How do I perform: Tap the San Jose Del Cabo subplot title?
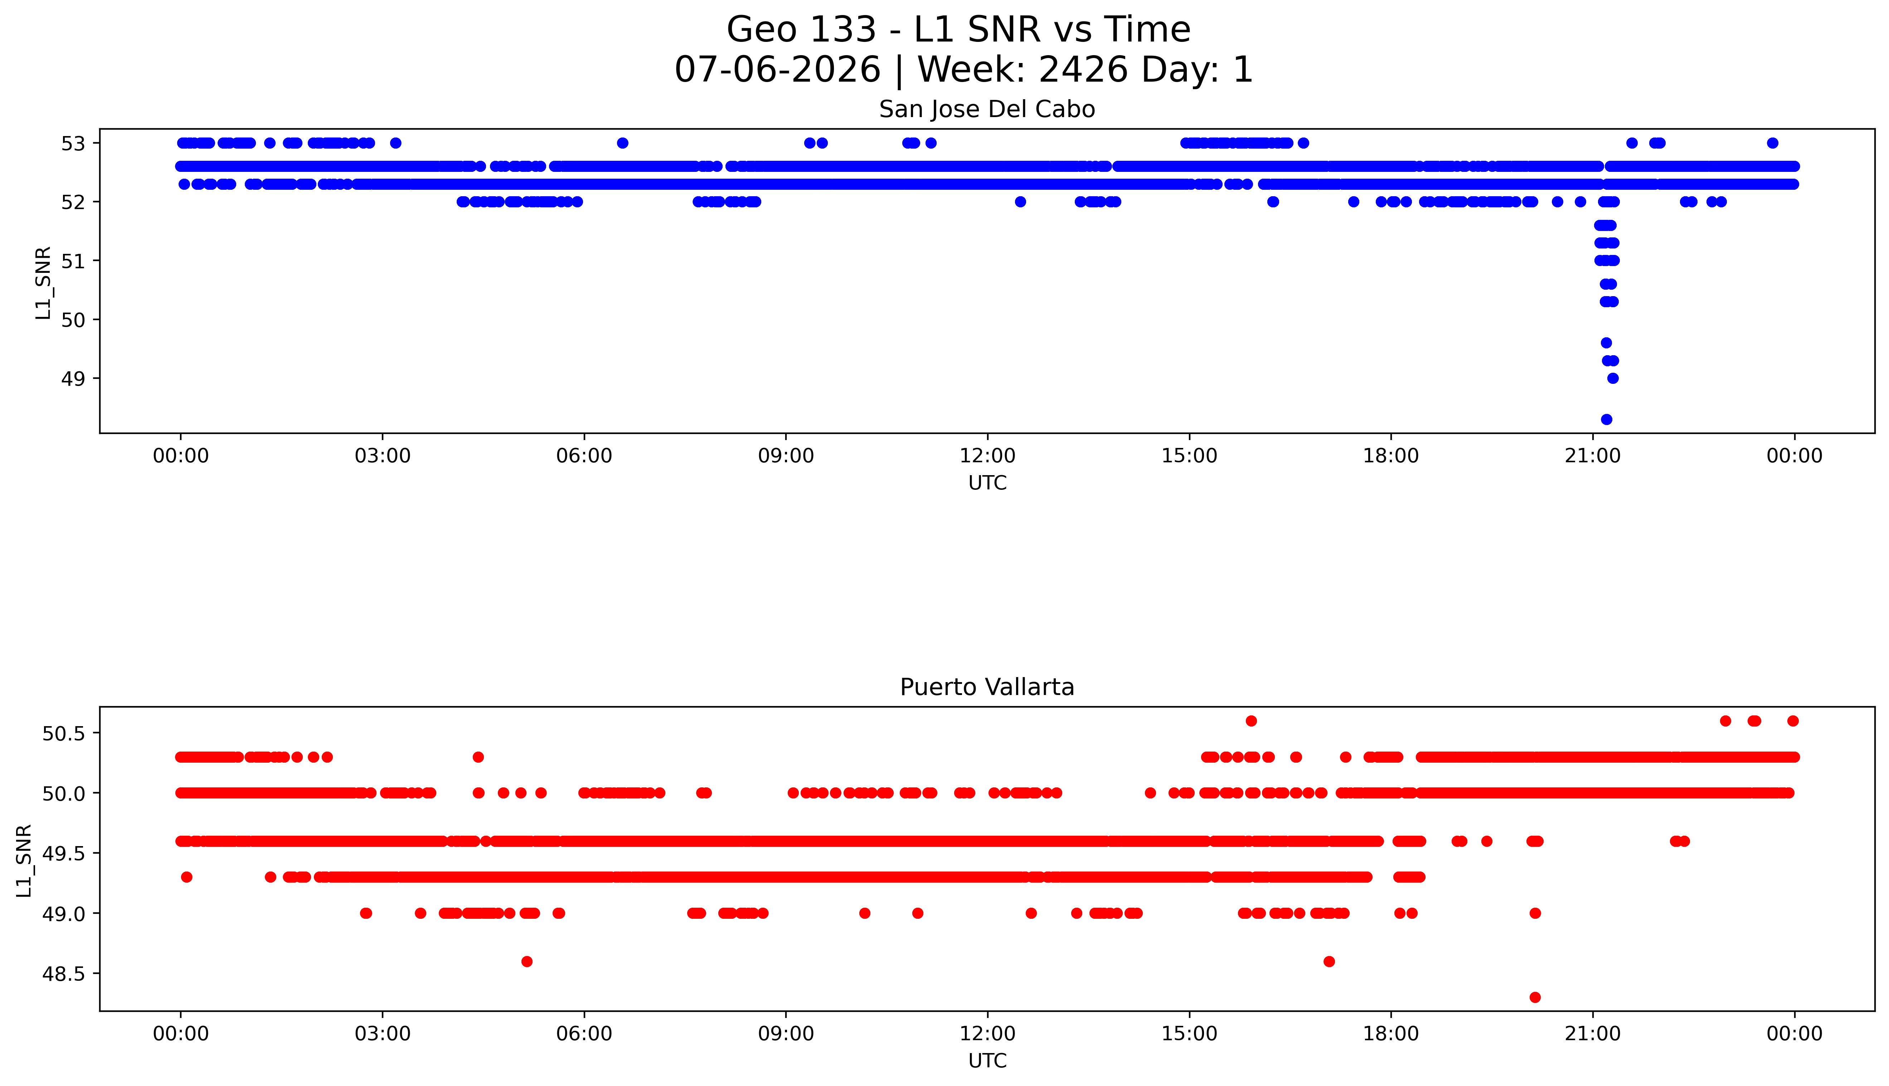click(987, 110)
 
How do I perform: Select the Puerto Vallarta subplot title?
click(987, 687)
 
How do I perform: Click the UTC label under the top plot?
click(987, 483)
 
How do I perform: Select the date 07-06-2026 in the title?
click(777, 70)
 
